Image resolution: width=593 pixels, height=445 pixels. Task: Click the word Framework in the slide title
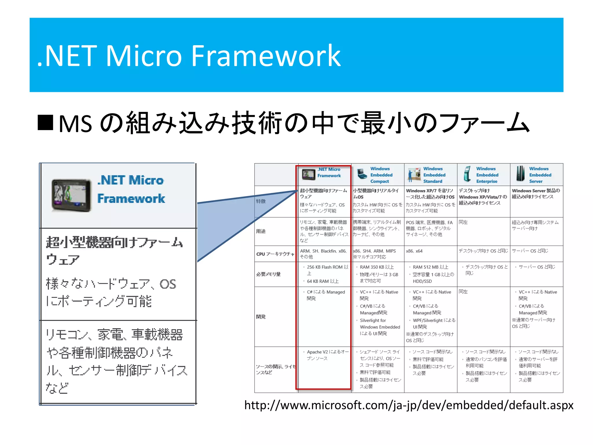tap(266, 56)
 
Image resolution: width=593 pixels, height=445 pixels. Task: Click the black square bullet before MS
tap(45, 123)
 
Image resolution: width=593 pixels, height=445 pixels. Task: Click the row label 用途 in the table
tap(261, 231)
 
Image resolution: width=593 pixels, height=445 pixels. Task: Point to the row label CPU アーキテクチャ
tap(275, 254)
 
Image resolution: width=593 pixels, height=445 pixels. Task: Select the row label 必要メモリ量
tap(268, 274)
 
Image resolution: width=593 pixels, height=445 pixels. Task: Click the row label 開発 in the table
tap(261, 317)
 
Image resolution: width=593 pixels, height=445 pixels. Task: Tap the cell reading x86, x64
tap(414, 251)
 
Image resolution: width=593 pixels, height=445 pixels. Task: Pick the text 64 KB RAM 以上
tap(323, 281)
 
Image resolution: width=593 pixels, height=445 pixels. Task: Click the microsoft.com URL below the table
tap(409, 405)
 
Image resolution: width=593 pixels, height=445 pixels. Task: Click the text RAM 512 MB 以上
tap(430, 267)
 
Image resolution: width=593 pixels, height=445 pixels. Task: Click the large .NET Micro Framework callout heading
tap(131, 189)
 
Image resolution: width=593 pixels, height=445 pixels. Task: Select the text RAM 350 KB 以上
tap(377, 267)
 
